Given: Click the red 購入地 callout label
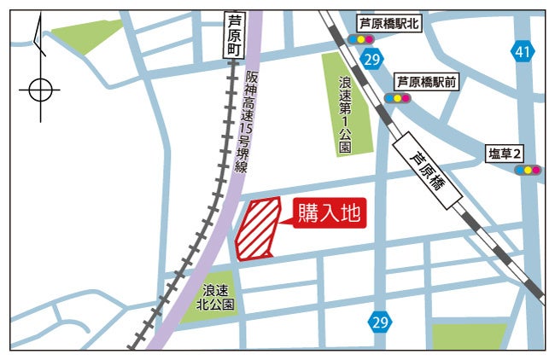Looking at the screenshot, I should point(330,214).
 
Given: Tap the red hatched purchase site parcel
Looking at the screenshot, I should point(259,228).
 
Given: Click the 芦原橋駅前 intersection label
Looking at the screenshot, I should point(426,82).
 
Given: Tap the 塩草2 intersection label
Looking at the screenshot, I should point(505,154).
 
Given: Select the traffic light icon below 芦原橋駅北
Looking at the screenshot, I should point(362,39).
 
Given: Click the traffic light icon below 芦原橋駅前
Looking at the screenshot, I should point(398,98).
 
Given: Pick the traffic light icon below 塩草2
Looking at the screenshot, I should point(529,170).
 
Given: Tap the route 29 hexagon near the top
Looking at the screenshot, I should point(371,60).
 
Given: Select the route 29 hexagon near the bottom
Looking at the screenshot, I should point(381,322).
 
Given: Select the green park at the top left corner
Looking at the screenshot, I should point(85,35).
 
